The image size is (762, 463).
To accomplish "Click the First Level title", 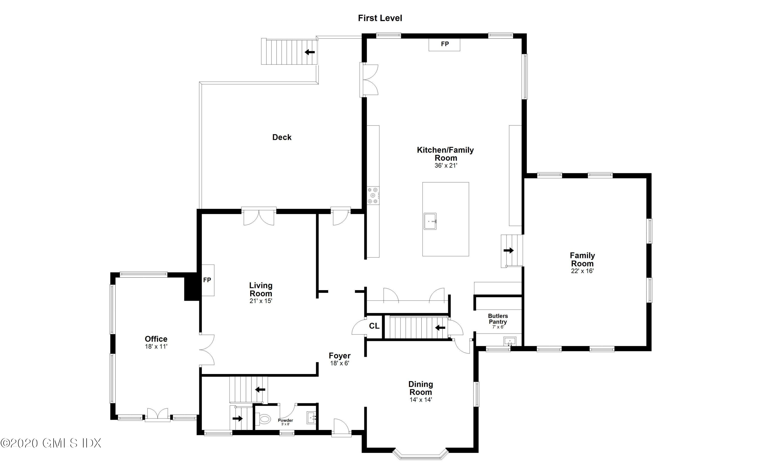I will click(x=380, y=18).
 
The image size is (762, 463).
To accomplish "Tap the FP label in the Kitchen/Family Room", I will click(x=444, y=44).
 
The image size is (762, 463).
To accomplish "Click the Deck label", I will click(x=282, y=137).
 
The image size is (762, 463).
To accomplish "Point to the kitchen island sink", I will click(x=430, y=221).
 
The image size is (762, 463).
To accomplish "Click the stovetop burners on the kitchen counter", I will click(x=373, y=196).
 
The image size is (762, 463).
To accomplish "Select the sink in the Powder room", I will click(x=311, y=418).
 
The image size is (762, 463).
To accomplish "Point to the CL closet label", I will click(x=374, y=326).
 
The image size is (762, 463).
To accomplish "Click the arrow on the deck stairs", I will click(x=310, y=52).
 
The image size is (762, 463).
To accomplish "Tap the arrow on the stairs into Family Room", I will click(x=509, y=250).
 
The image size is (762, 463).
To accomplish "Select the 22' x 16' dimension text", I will click(x=582, y=271).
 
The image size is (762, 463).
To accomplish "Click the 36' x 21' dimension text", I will click(x=446, y=166).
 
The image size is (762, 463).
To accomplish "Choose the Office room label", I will click(x=156, y=339).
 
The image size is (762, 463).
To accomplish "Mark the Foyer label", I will click(x=340, y=356).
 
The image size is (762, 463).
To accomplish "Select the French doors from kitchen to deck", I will click(x=370, y=80).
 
